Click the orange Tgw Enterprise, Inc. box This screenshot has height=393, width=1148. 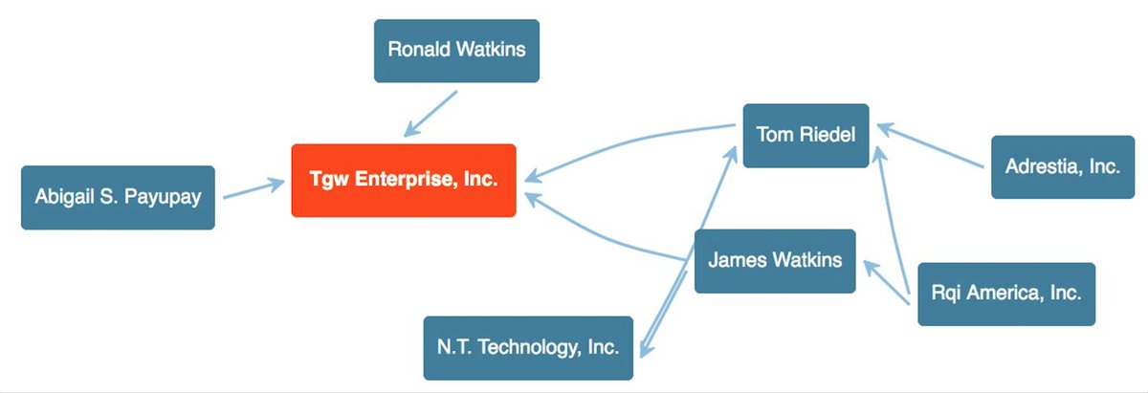click(404, 180)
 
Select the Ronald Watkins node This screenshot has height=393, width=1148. click(456, 50)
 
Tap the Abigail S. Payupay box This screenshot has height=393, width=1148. click(118, 197)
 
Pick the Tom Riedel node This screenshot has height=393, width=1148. click(806, 135)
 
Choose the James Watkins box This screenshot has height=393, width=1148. click(775, 260)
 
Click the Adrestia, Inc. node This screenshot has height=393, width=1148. click(1062, 166)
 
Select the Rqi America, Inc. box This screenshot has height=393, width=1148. click(1005, 294)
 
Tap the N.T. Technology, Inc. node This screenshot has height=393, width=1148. click(528, 347)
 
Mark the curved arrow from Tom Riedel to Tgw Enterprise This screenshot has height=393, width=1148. click(631, 143)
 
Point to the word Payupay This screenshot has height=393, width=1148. click(166, 197)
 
